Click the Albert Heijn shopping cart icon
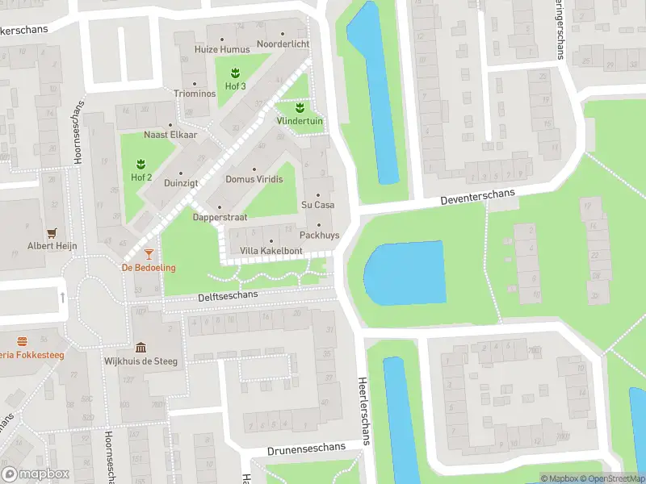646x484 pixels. point(52,232)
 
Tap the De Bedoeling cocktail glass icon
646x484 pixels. point(149,254)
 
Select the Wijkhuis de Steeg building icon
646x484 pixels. point(141,348)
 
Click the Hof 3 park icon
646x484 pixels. point(235,73)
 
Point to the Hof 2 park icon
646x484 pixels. point(141,164)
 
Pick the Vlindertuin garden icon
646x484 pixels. point(300,107)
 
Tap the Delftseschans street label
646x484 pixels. point(228,296)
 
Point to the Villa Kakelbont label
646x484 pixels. point(271,251)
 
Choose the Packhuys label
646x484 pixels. point(317,235)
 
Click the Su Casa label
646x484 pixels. point(317,205)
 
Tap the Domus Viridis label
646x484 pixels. point(254,179)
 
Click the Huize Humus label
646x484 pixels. point(222,49)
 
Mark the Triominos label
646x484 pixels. point(195,94)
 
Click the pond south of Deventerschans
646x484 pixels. point(405,273)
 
